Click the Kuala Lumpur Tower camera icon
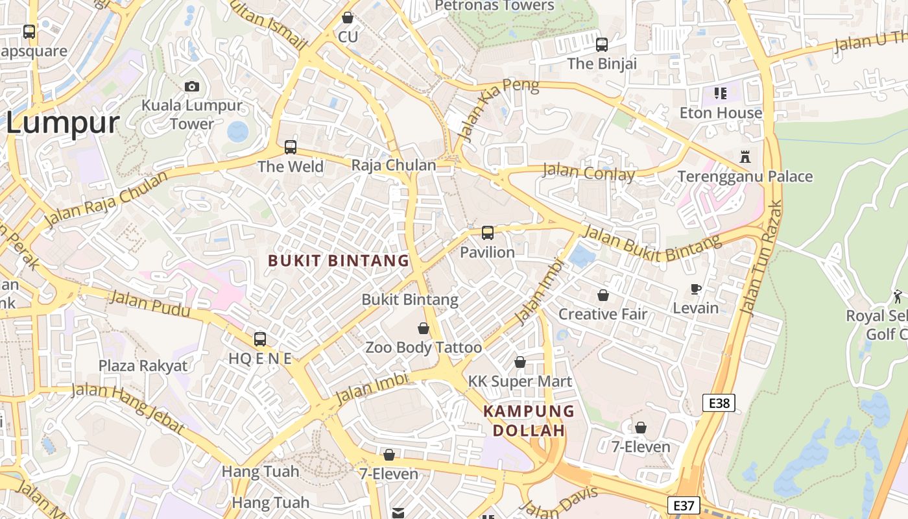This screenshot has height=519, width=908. click(192, 86)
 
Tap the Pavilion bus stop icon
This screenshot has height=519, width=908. click(487, 233)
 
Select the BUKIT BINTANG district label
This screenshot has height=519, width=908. click(339, 261)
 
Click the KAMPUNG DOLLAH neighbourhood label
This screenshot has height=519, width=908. click(529, 420)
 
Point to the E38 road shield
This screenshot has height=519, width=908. click(719, 403)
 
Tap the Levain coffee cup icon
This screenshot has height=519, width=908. click(696, 289)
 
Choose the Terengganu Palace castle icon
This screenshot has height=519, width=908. click(745, 157)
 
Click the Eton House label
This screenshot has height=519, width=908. click(721, 113)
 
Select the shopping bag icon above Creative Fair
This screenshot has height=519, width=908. click(603, 295)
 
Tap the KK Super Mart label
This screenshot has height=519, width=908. click(520, 381)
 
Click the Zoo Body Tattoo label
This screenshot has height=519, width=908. click(424, 348)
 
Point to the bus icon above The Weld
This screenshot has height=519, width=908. click(291, 147)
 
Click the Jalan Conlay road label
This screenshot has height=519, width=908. click(588, 173)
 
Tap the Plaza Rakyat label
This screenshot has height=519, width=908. click(143, 366)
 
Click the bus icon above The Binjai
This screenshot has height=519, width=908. click(602, 45)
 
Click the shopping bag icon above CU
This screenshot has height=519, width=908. click(348, 18)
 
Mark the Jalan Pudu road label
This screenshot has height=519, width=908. click(150, 304)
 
